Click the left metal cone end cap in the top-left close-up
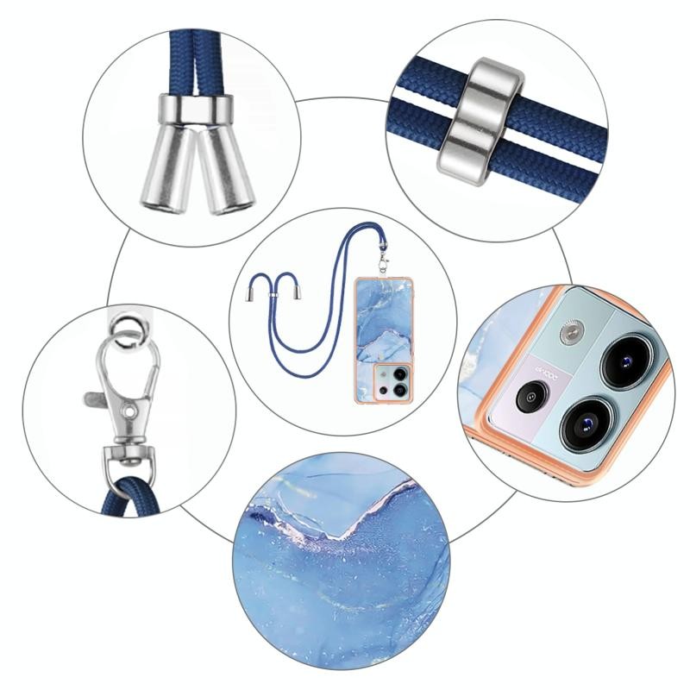tap(161, 169)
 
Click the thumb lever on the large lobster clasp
tap(97, 399)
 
